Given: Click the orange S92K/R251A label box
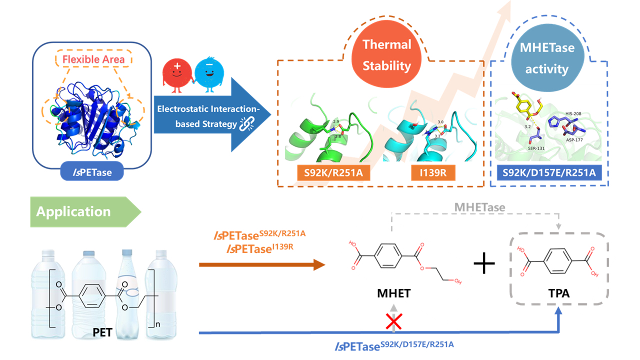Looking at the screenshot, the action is pyautogui.click(x=333, y=172).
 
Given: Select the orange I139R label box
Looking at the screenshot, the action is pyautogui.click(x=433, y=172).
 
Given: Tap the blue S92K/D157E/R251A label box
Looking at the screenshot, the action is pyautogui.click(x=549, y=172).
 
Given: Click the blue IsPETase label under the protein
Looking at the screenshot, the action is pyautogui.click(x=92, y=171).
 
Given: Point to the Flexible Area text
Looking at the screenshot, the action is pyautogui.click(x=93, y=59).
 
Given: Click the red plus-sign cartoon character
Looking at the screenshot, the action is pyautogui.click(x=176, y=75).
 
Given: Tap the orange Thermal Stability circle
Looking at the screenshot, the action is pyautogui.click(x=386, y=54).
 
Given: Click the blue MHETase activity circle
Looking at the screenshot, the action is pyautogui.click(x=547, y=58).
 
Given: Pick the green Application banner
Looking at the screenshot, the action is pyautogui.click(x=85, y=211).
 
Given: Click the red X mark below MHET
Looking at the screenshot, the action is pyautogui.click(x=393, y=321).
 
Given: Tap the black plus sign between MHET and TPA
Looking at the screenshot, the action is pyautogui.click(x=484, y=263).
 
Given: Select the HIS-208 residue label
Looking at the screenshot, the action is pyautogui.click(x=573, y=113).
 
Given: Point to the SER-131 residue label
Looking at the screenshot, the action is pyautogui.click(x=536, y=148).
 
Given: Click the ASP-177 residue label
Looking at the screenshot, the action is pyautogui.click(x=574, y=139).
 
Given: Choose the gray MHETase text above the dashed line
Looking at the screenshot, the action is pyautogui.click(x=479, y=207).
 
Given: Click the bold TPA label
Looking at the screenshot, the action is pyautogui.click(x=559, y=293).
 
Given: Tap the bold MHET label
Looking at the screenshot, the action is pyautogui.click(x=393, y=293).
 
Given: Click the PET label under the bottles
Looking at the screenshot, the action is pyautogui.click(x=102, y=332).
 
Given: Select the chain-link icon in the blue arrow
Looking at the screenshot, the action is pyautogui.click(x=247, y=123).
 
